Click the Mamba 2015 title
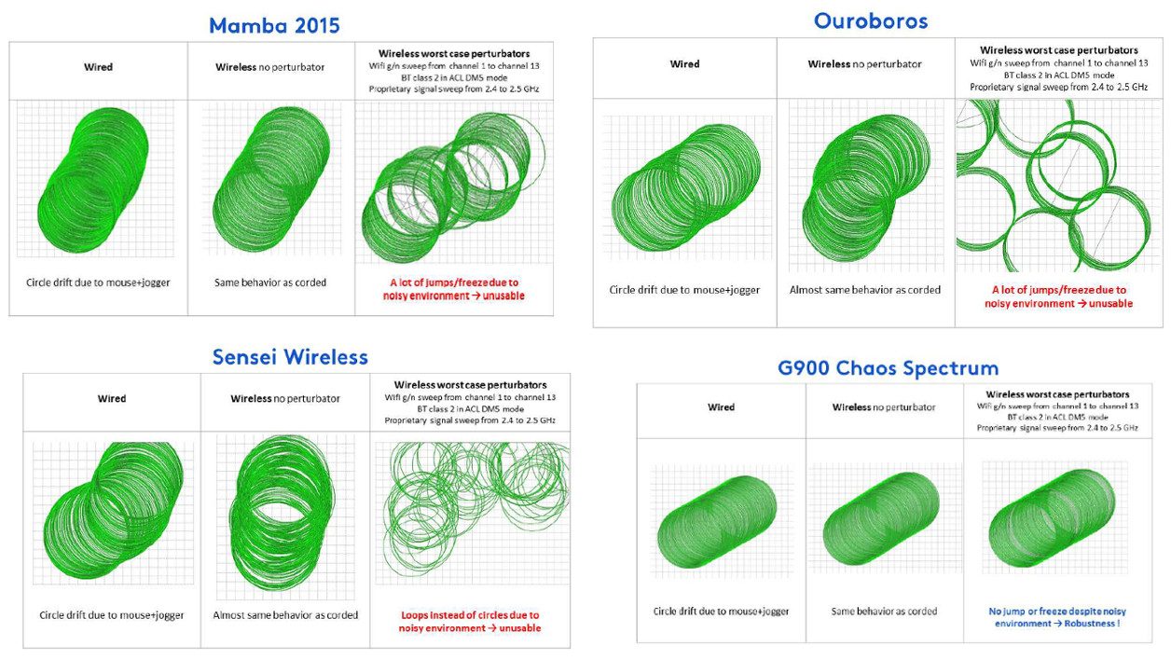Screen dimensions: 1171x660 click(274, 25)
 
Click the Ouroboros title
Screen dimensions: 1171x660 click(871, 21)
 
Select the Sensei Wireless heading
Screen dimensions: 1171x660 click(290, 357)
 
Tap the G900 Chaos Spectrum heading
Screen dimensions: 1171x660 click(889, 368)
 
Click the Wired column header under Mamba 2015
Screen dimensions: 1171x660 click(98, 67)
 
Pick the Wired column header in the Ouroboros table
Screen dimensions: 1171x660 click(685, 63)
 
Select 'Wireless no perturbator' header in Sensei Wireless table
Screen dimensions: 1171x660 click(285, 399)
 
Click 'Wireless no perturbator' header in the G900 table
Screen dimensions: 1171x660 click(884, 407)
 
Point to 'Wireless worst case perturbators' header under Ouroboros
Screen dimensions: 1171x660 click(1059, 50)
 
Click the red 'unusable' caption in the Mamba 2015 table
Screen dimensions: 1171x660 click(454, 289)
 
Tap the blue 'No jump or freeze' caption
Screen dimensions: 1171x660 click(1057, 617)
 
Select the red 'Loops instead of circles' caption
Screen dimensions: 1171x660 click(470, 622)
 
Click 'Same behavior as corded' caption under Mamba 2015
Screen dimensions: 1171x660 click(270, 282)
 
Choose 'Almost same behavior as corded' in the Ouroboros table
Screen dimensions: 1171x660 click(865, 290)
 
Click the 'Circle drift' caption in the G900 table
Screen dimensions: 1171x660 click(721, 612)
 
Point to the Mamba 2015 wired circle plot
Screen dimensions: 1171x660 click(93, 180)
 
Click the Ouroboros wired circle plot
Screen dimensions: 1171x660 click(686, 188)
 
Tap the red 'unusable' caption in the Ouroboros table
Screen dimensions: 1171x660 click(1059, 296)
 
